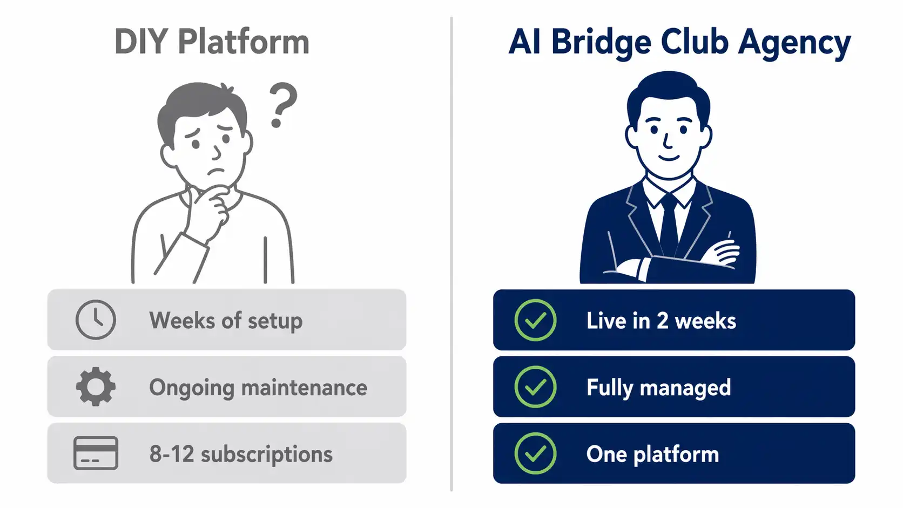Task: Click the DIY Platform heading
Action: point(212,42)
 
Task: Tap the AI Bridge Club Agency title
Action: point(679,42)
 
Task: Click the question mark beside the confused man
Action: point(282,105)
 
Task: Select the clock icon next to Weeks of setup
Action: point(96,320)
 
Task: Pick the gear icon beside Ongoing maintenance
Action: point(96,387)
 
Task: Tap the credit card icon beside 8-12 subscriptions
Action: point(96,453)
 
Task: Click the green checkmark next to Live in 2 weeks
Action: point(535,320)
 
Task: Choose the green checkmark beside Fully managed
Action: point(535,387)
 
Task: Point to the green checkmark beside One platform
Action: point(535,453)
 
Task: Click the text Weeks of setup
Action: point(226,321)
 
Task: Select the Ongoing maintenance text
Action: point(258,388)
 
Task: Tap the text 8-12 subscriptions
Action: point(241,454)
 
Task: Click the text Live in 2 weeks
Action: point(661,321)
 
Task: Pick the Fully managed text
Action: point(658,388)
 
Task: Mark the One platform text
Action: point(652,455)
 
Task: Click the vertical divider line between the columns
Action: point(451,254)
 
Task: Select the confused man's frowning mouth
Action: point(217,172)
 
